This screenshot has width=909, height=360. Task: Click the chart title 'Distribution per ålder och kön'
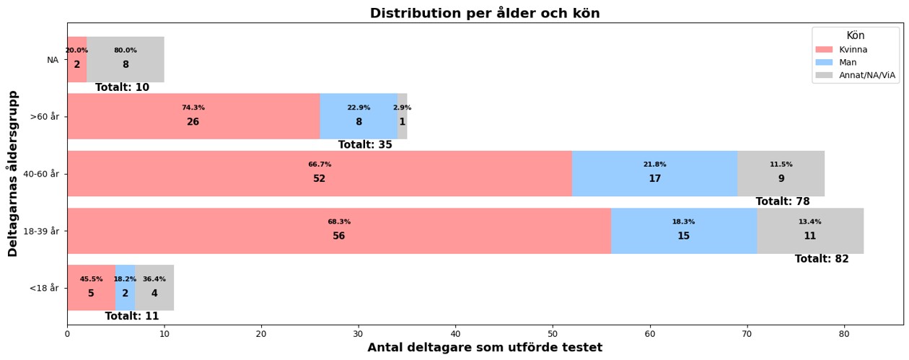click(x=485, y=13)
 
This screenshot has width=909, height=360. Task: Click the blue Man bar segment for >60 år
click(x=359, y=116)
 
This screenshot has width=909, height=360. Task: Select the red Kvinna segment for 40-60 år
click(x=320, y=174)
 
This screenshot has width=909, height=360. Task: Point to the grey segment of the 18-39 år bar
click(x=810, y=231)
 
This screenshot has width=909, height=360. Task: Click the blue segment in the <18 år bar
click(x=125, y=288)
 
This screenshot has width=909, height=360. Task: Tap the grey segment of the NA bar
click(x=126, y=59)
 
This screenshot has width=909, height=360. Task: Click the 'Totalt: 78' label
click(x=783, y=202)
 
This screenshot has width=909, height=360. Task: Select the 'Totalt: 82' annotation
click(x=822, y=259)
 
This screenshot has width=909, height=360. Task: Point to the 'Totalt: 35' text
click(x=365, y=145)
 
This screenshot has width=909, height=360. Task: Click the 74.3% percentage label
click(x=193, y=107)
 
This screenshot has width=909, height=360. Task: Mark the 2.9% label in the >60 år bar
click(x=402, y=107)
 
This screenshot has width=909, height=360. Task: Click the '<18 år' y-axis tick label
click(x=44, y=288)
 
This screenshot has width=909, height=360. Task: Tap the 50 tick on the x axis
click(x=553, y=333)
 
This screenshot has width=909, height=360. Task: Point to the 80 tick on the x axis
click(x=844, y=333)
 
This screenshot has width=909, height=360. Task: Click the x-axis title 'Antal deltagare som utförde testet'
click(x=485, y=348)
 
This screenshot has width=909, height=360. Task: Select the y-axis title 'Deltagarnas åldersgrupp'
click(x=13, y=173)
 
